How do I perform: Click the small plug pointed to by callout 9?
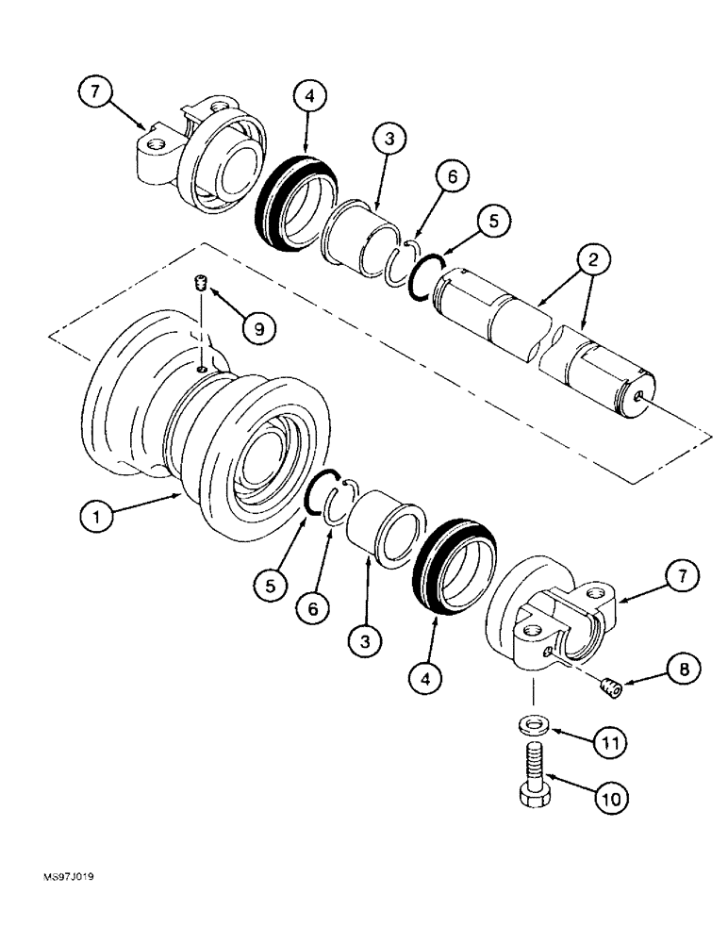coord(199,283)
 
